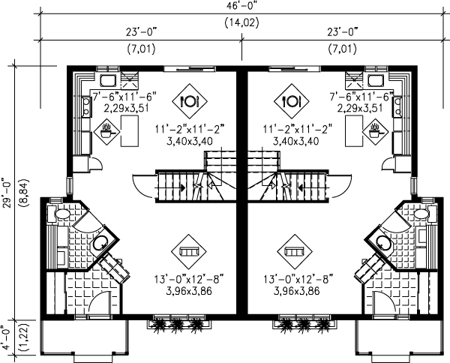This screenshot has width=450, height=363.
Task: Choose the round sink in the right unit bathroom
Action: coord(383,241)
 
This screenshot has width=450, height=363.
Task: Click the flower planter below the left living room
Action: coord(174,323)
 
